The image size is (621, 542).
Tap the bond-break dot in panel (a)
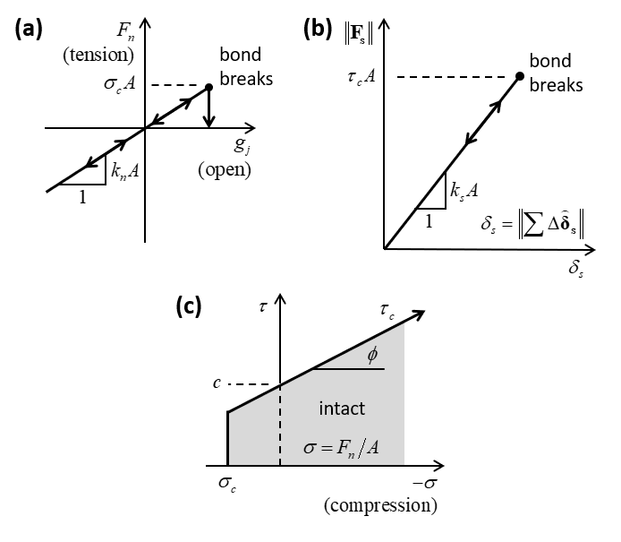[x=208, y=87]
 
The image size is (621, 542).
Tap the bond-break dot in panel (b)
[x=520, y=75]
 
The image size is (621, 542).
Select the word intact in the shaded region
[x=342, y=409]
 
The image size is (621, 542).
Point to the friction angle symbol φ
[x=371, y=355]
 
